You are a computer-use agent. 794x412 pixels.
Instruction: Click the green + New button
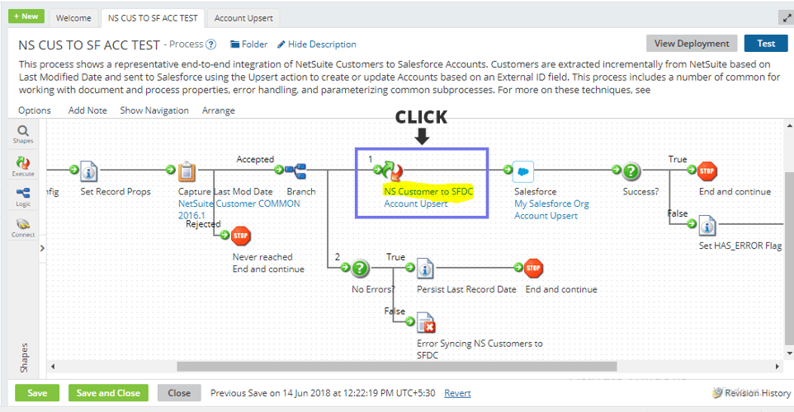27,16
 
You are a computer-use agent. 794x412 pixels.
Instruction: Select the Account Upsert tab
243,18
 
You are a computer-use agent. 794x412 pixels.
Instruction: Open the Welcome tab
73,18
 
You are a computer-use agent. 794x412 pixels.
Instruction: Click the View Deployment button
692,44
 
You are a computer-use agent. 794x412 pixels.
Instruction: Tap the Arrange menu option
218,110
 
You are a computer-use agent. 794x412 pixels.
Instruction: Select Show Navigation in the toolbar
154,110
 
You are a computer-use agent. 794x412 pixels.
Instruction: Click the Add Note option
87,110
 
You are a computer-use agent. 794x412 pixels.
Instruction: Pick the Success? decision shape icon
631,171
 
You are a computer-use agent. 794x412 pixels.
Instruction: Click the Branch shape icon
295,171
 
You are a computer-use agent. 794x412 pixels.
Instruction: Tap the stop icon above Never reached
241,236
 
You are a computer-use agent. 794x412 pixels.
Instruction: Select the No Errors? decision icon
361,269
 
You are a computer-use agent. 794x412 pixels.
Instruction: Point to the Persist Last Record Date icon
425,269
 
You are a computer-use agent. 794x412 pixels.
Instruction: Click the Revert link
457,393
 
